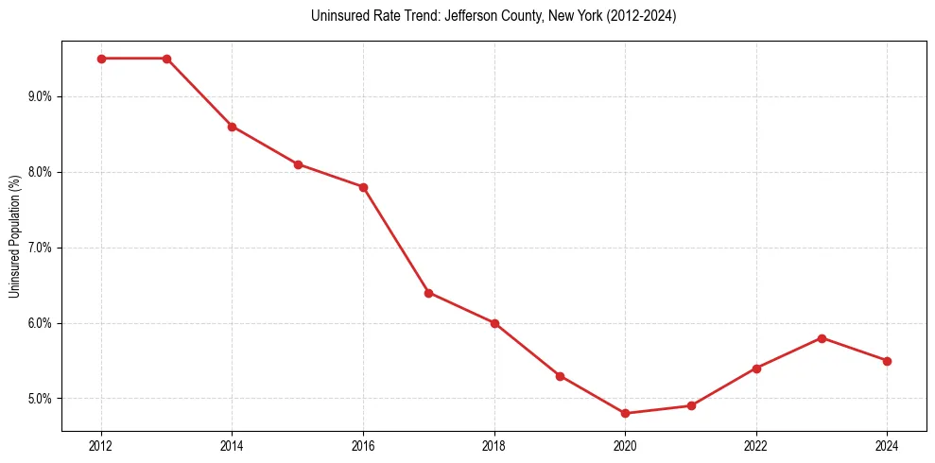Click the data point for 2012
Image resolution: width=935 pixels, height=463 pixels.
[101, 59]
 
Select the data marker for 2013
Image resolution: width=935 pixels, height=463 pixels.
[166, 59]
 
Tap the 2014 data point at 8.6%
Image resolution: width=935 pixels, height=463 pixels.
[232, 127]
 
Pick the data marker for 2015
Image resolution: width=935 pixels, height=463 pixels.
[298, 164]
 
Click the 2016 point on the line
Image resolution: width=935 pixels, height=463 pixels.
[363, 187]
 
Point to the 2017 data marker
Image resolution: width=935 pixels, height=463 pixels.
[428, 293]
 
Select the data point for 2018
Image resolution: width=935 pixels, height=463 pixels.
[494, 323]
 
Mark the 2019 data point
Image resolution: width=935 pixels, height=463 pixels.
[560, 376]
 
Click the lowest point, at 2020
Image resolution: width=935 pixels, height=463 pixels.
[625, 414]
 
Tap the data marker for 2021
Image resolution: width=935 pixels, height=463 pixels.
[691, 406]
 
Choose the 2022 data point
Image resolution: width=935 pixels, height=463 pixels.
[756, 369]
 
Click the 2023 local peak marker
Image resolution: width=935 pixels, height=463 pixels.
[822, 338]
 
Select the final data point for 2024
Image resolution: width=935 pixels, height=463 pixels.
[887, 361]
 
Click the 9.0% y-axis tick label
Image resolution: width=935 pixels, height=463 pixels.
[40, 96]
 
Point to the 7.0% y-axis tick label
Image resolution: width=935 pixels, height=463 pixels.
[40, 248]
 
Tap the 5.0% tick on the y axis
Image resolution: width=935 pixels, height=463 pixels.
[40, 399]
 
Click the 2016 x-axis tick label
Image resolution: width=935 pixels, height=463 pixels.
[363, 445]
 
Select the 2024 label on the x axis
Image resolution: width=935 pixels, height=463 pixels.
[887, 445]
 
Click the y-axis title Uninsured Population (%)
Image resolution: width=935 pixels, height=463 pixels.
[14, 236]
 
